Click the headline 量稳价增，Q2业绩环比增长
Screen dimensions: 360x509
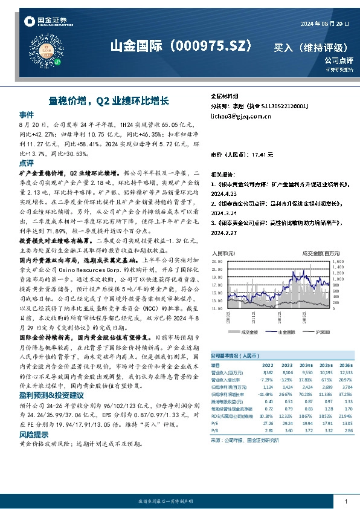click(109, 102)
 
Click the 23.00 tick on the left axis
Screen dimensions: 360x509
click(217, 261)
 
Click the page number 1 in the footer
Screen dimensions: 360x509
click(346, 502)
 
